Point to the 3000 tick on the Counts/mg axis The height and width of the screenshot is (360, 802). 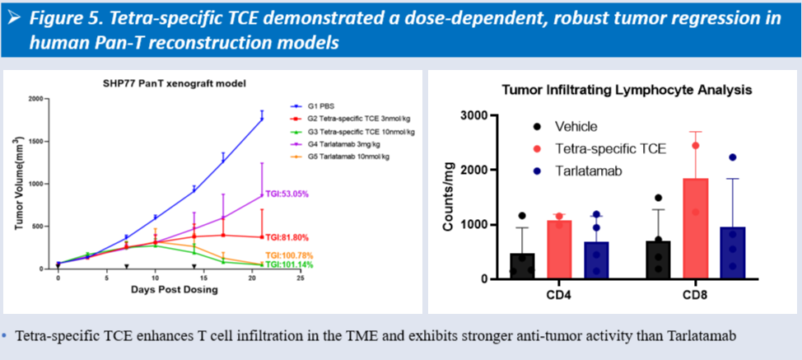click(480, 115)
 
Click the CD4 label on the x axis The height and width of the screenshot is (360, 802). click(559, 295)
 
